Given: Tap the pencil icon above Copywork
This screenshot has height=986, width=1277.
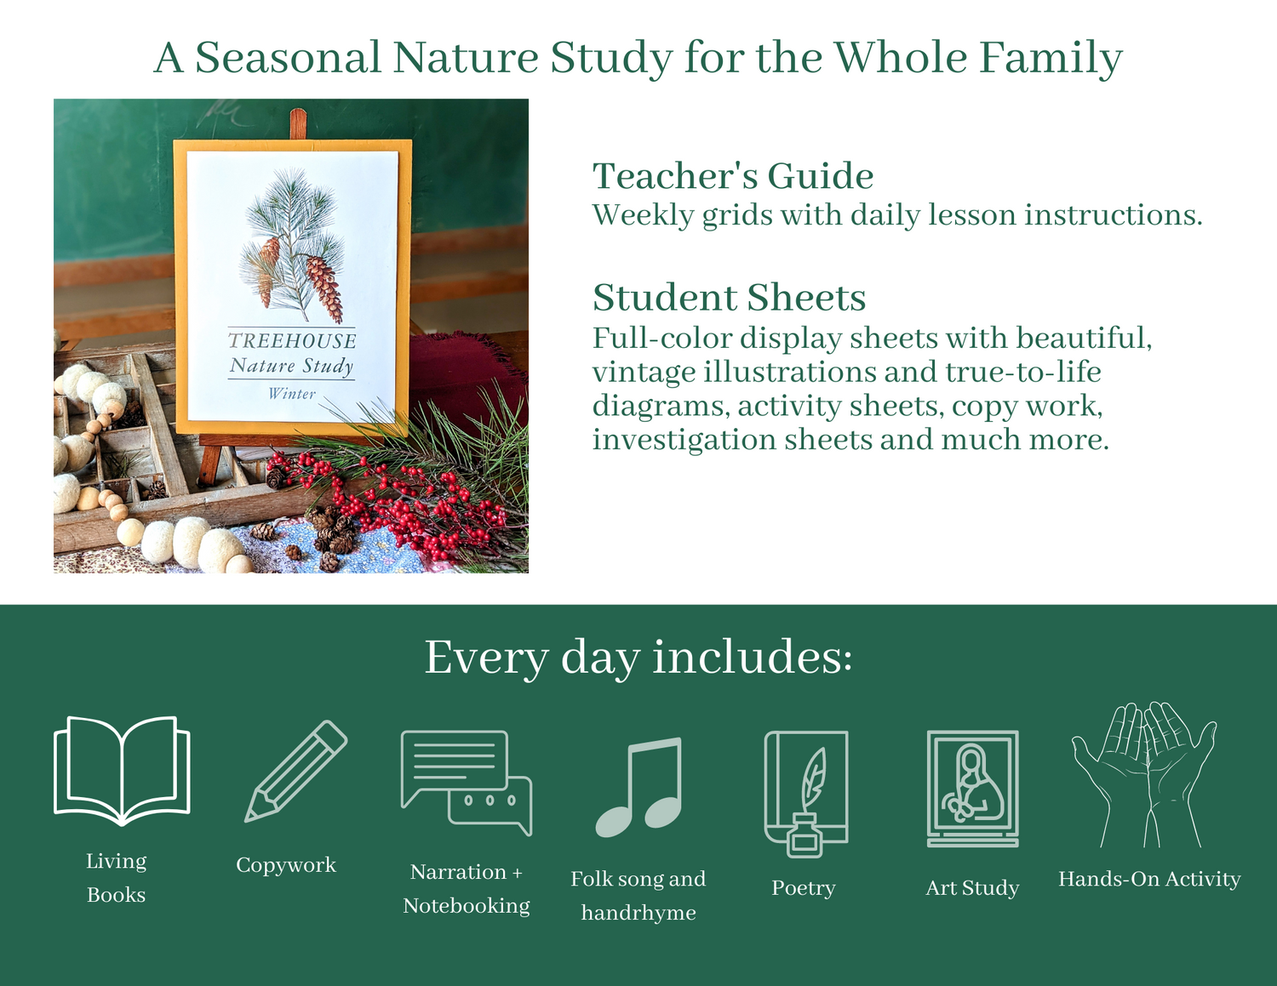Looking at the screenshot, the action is [295, 771].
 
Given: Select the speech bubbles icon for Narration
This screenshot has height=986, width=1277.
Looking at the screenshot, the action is [467, 782].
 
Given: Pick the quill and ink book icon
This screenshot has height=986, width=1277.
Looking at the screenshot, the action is [805, 794].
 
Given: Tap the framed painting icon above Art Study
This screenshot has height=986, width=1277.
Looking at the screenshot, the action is [972, 788].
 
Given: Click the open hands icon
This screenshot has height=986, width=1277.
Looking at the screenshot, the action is [1143, 774].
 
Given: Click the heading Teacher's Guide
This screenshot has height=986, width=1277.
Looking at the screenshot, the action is [733, 176].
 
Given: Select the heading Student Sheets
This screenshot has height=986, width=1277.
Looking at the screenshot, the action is [729, 297].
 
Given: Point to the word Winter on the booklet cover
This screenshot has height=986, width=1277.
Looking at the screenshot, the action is [292, 393].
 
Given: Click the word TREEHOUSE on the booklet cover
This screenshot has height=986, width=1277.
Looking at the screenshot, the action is [292, 340].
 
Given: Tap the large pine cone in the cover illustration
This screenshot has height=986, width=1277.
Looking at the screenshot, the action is [324, 289].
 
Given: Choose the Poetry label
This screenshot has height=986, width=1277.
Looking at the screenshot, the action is [804, 888].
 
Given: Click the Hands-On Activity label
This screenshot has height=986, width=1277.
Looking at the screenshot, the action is [1149, 879].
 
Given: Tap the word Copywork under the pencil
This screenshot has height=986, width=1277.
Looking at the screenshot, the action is [286, 865].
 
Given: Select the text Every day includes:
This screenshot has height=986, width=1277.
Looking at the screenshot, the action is [638, 657].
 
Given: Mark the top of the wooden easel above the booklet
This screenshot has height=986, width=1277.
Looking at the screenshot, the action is [298, 110].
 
